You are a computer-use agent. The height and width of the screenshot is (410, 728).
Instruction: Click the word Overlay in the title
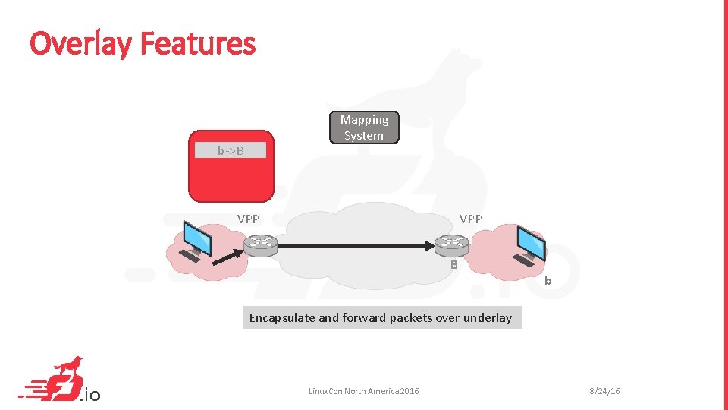81,43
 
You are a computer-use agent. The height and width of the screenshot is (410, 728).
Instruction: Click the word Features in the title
198,43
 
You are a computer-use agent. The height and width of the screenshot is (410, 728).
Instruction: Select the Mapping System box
364,128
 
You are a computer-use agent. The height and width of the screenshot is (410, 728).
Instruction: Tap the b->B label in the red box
231,150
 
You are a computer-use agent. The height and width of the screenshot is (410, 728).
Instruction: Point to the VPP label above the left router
248,219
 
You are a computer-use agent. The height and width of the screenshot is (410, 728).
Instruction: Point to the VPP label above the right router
470,219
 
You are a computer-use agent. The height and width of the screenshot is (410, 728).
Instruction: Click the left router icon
261,244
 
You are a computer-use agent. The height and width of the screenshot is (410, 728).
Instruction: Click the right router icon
453,244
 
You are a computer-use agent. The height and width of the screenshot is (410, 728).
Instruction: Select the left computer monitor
200,237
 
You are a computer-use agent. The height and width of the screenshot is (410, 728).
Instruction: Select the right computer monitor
531,241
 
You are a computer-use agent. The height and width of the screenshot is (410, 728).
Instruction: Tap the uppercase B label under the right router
453,265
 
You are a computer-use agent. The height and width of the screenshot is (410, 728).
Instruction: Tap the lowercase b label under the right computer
548,282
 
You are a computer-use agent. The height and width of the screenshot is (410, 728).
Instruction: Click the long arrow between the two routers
356,246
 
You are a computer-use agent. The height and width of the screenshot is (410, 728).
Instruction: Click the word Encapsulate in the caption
282,318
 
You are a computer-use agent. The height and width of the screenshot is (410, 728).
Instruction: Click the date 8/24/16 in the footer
604,391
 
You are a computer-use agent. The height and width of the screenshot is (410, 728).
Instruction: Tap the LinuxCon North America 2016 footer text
363,391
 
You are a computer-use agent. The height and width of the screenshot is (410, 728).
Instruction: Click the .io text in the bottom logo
89,394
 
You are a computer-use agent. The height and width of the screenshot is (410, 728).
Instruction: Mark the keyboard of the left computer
190,257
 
